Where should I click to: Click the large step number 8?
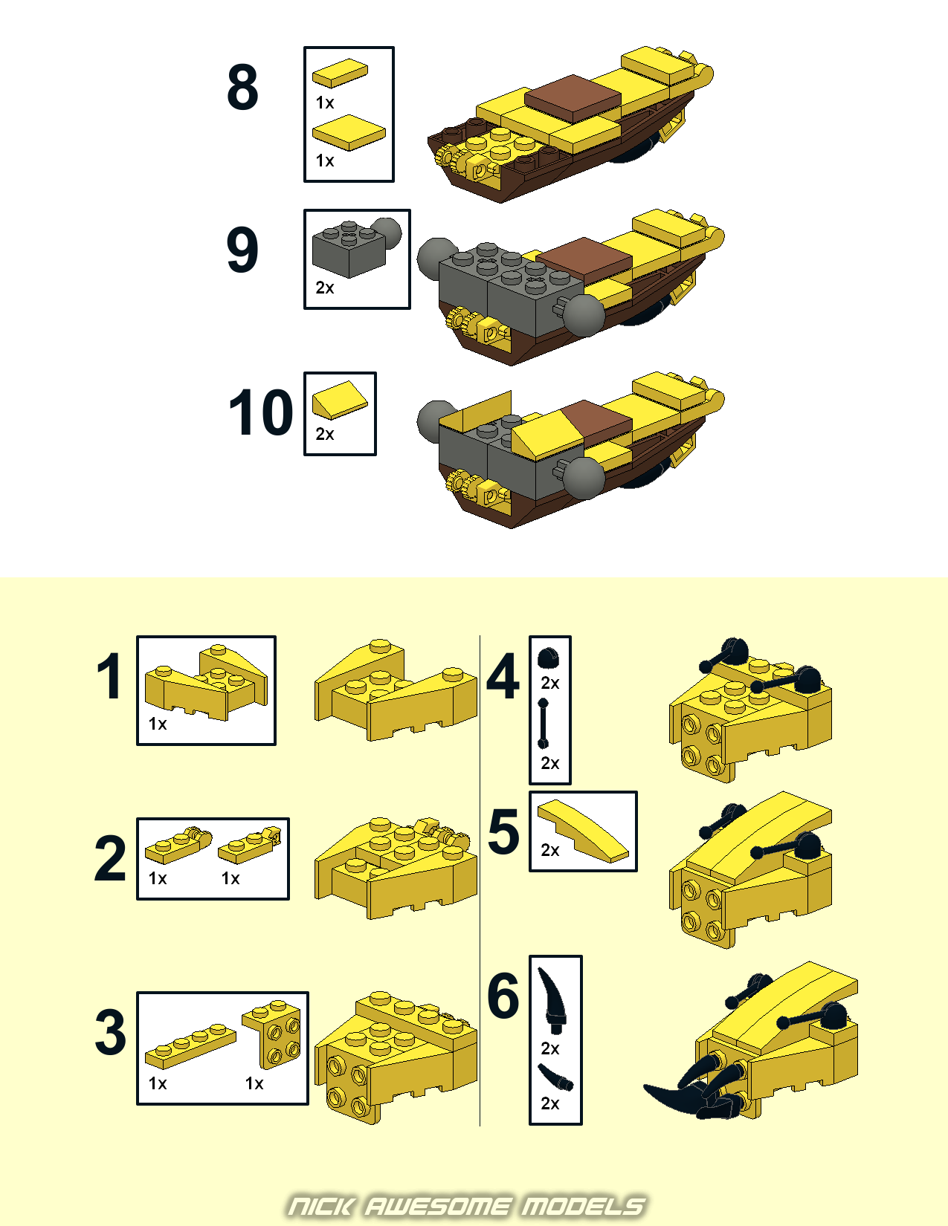click(x=243, y=88)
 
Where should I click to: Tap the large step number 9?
click(x=243, y=250)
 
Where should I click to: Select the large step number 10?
click(x=261, y=412)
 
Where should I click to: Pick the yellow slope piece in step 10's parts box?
click(x=339, y=400)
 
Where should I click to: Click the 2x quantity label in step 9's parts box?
click(x=325, y=288)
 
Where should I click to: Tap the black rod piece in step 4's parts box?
click(x=543, y=723)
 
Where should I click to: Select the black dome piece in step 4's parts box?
click(x=548, y=658)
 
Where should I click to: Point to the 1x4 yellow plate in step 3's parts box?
click(x=190, y=1047)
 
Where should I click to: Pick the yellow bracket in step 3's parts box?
click(x=271, y=1035)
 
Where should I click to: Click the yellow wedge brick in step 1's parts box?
click(x=206, y=682)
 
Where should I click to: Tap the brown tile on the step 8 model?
click(x=573, y=98)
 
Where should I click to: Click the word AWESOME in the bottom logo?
click(x=438, y=1207)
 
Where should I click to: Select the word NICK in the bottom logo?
click(x=321, y=1207)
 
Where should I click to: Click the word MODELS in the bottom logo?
click(x=583, y=1207)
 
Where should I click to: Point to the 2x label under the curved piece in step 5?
click(x=550, y=850)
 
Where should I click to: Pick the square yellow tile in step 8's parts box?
click(x=349, y=132)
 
